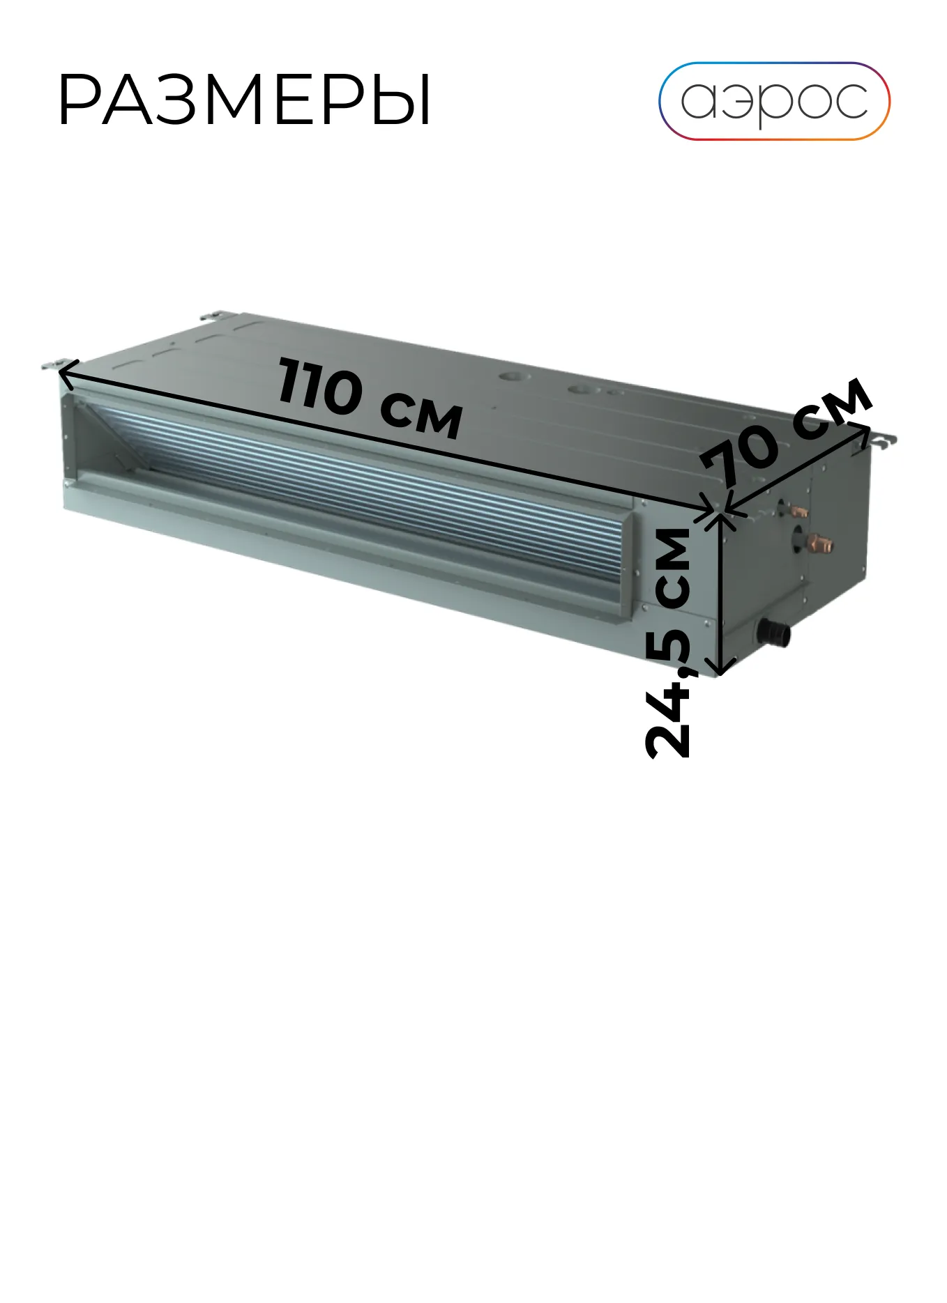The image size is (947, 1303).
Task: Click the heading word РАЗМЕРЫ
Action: click(245, 100)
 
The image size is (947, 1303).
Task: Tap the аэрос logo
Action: click(774, 101)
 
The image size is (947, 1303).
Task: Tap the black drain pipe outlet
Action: click(774, 633)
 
